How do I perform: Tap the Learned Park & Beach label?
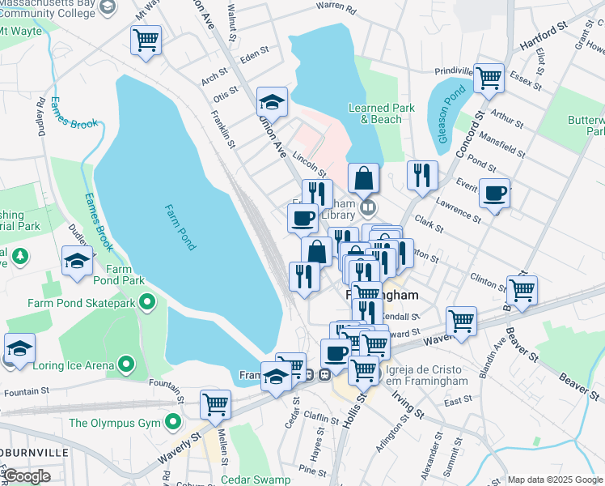(x=374, y=113)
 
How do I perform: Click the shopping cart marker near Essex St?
(x=489, y=79)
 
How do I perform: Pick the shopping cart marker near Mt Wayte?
(x=146, y=40)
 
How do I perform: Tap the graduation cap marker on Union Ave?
(x=273, y=102)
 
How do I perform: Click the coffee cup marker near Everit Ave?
(x=494, y=194)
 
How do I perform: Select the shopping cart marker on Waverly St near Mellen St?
(x=215, y=403)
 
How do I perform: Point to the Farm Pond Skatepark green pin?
(x=146, y=303)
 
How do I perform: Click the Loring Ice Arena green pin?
(x=125, y=365)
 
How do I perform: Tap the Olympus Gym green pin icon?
(x=173, y=422)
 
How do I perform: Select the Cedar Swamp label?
(x=257, y=480)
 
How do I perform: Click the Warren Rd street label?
(x=336, y=8)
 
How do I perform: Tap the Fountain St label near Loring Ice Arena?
(x=22, y=392)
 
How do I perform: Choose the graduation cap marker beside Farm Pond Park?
(x=77, y=261)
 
